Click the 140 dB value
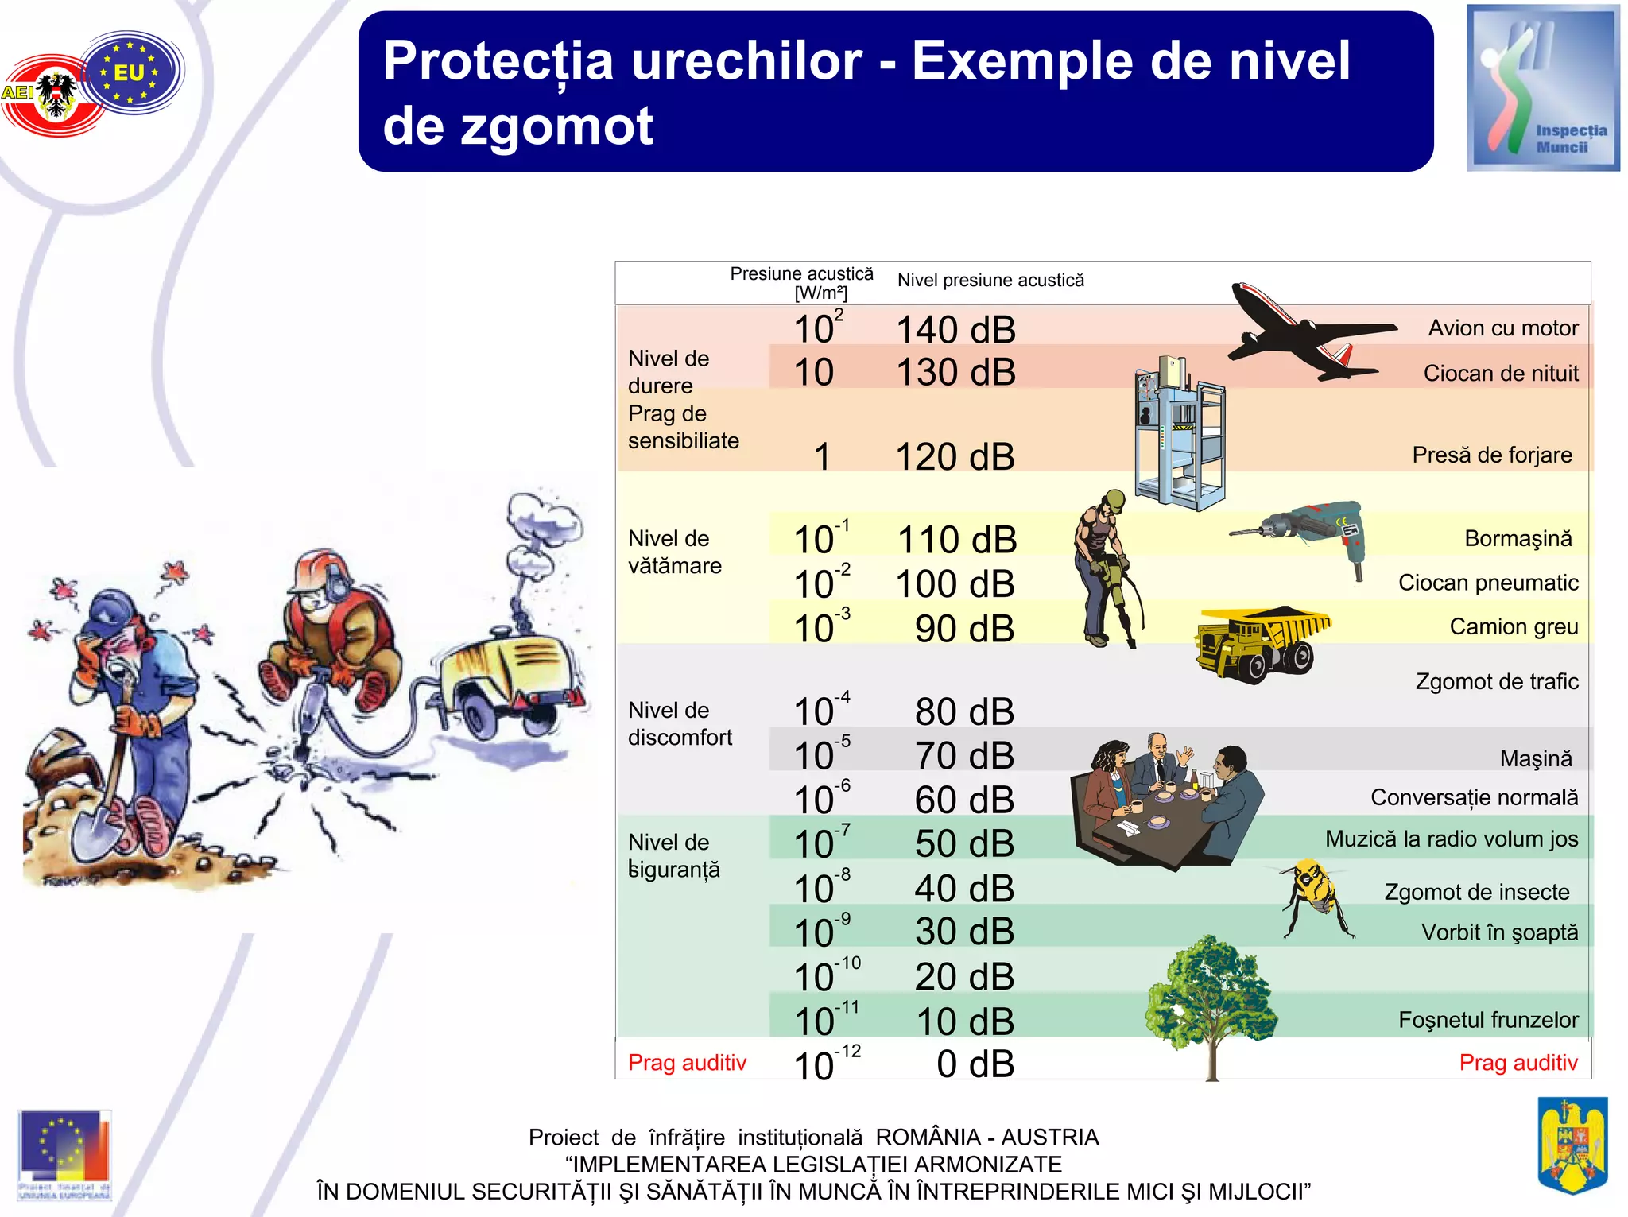(x=955, y=330)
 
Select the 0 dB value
(x=975, y=1064)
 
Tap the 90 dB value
(x=964, y=629)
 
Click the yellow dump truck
(x=1260, y=642)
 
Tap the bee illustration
(x=1316, y=894)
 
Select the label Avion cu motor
(x=1502, y=328)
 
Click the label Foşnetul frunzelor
(x=1487, y=1020)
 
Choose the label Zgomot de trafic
(x=1496, y=681)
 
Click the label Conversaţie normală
(x=1474, y=797)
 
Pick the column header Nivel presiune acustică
(x=990, y=281)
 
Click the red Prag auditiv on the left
(x=687, y=1063)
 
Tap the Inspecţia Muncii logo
(x=1542, y=87)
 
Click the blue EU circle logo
(x=131, y=72)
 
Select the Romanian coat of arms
(x=1572, y=1144)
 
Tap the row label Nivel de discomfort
(x=680, y=724)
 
